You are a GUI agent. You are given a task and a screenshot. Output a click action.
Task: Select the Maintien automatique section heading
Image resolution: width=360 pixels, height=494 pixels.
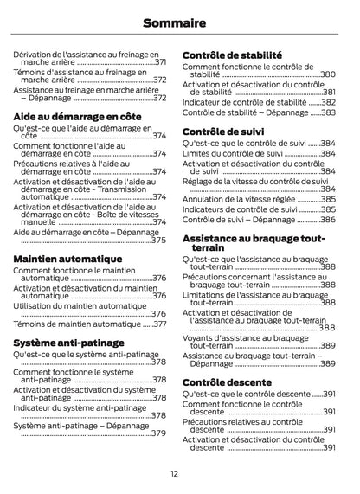point(67,258)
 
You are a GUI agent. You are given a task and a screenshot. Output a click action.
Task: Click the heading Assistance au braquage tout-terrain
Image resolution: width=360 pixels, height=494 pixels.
point(254,241)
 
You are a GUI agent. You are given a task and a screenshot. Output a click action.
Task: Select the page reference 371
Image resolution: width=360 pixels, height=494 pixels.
point(160,63)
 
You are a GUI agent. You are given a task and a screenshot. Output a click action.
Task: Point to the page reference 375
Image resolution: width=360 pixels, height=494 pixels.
point(158,240)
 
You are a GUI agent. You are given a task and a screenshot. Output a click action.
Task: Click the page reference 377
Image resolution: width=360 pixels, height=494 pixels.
point(160,324)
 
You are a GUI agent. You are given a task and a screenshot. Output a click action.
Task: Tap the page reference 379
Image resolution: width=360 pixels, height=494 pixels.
point(158,433)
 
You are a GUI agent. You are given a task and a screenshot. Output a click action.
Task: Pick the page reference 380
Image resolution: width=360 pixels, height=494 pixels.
point(328,75)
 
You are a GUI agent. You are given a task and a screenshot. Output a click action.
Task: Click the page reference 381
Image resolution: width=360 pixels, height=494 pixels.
point(329,92)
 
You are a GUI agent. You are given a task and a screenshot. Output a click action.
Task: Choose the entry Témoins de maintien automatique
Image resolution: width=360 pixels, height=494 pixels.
point(75,324)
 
